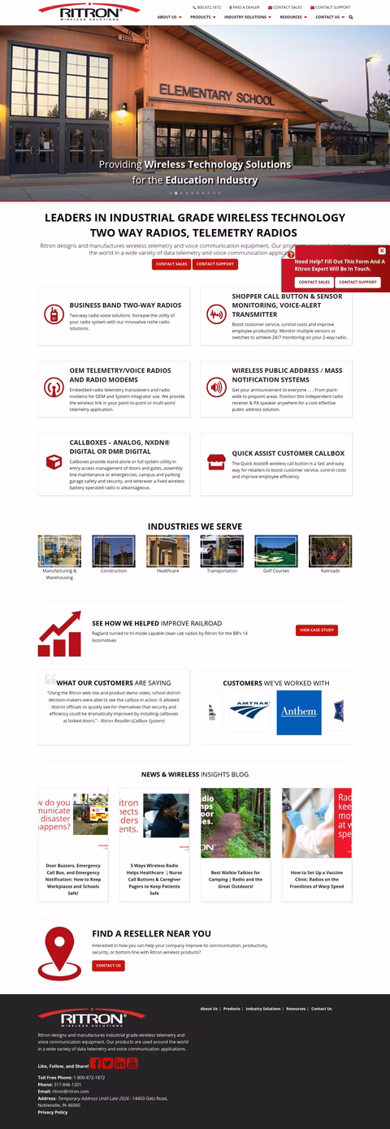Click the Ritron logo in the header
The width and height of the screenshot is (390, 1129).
[89, 11]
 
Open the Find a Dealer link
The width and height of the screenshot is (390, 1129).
[245, 7]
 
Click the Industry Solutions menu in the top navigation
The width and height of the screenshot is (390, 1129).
[247, 16]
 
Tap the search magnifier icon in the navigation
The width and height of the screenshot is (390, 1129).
[351, 16]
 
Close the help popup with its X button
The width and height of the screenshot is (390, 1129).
[382, 251]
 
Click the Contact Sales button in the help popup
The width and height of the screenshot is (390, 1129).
[314, 282]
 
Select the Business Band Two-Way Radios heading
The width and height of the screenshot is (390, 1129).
[125, 305]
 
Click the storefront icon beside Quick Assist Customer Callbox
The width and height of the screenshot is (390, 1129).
[216, 461]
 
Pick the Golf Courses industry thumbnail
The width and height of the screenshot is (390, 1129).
[275, 551]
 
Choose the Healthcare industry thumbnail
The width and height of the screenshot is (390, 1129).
[167, 551]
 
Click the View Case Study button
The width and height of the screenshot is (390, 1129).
[316, 630]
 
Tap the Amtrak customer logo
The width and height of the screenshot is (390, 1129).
[249, 712]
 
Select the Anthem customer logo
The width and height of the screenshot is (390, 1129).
[298, 712]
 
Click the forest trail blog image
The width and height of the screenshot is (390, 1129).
[236, 822]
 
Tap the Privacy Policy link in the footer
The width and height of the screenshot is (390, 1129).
[53, 1112]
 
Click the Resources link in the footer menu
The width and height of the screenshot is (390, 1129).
[296, 1009]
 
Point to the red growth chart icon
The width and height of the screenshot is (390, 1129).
[59, 634]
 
